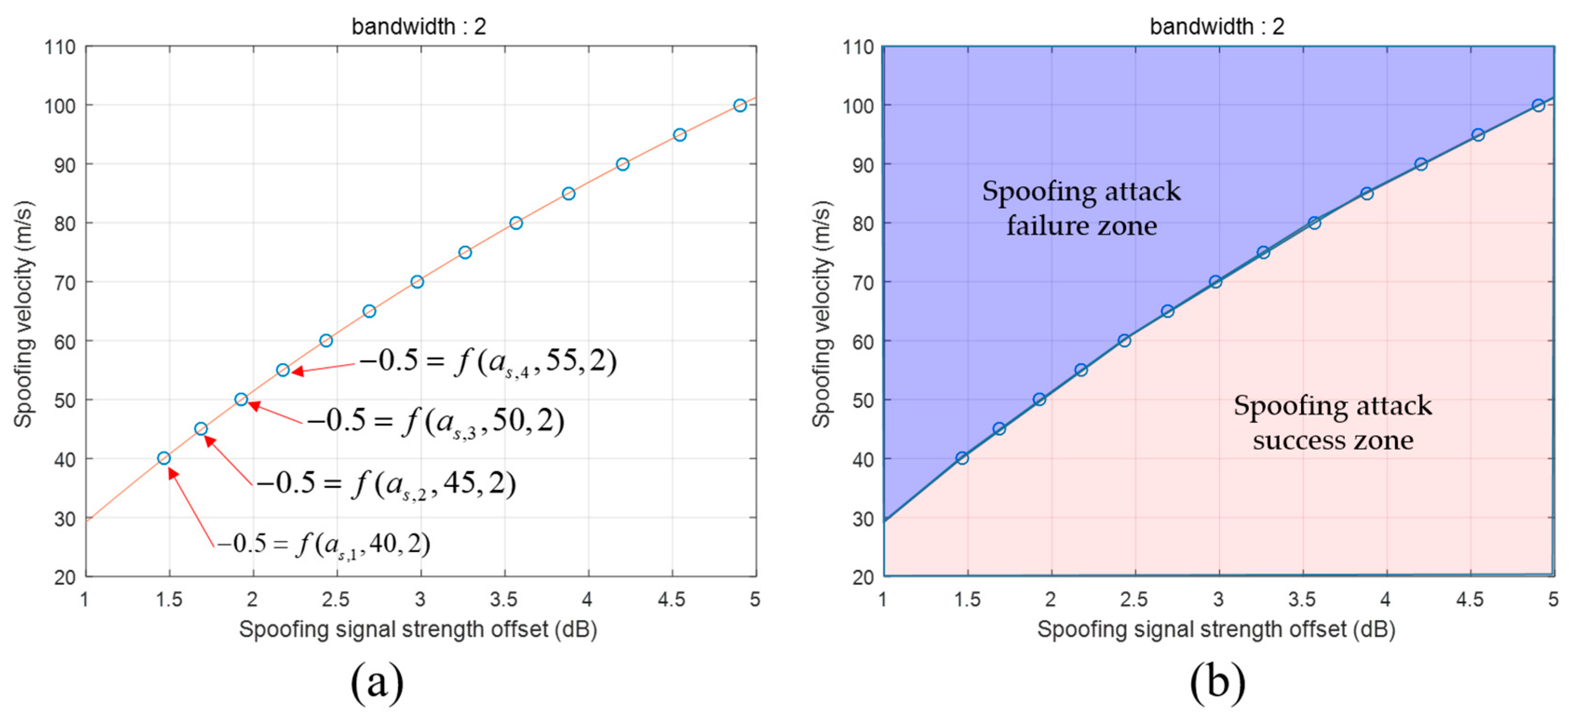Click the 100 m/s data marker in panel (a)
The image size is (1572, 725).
pyautogui.click(x=739, y=106)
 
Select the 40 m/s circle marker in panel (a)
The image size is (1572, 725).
pyautogui.click(x=163, y=458)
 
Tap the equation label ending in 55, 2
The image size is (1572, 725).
pyautogui.click(x=488, y=362)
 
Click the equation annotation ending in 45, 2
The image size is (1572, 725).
pyautogui.click(x=386, y=484)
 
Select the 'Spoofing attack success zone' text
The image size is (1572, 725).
pyautogui.click(x=1333, y=423)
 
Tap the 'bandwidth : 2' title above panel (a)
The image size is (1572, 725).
pyautogui.click(x=419, y=26)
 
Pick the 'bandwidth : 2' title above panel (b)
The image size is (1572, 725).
pyautogui.click(x=1217, y=26)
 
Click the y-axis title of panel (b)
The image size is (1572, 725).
pyautogui.click(x=821, y=314)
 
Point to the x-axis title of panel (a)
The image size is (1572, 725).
pyautogui.click(x=418, y=629)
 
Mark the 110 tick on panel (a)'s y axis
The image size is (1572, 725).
pyautogui.click(x=60, y=47)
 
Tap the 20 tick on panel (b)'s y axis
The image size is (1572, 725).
pyautogui.click(x=863, y=577)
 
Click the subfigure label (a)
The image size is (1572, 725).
pyautogui.click(x=377, y=681)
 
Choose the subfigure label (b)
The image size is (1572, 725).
pyautogui.click(x=1217, y=681)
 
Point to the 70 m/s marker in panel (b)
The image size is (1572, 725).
pyautogui.click(x=1216, y=282)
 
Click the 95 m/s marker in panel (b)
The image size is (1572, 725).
pyautogui.click(x=1478, y=135)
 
